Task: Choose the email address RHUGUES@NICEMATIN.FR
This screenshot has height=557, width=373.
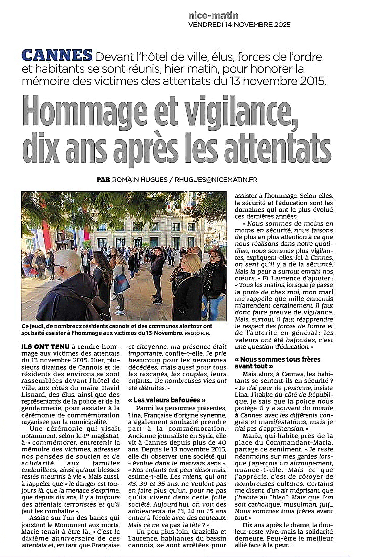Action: pyautogui.click(x=216, y=180)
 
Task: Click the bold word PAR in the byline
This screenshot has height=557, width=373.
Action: pyautogui.click(x=103, y=180)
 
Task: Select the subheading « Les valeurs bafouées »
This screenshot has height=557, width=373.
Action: pyautogui.click(x=167, y=400)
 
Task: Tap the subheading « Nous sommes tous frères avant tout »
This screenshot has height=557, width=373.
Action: pyautogui.click(x=277, y=363)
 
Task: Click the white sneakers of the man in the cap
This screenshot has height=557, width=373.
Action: pyautogui.click(x=158, y=302)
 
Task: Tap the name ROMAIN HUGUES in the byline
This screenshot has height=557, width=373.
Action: pyautogui.click(x=140, y=180)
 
